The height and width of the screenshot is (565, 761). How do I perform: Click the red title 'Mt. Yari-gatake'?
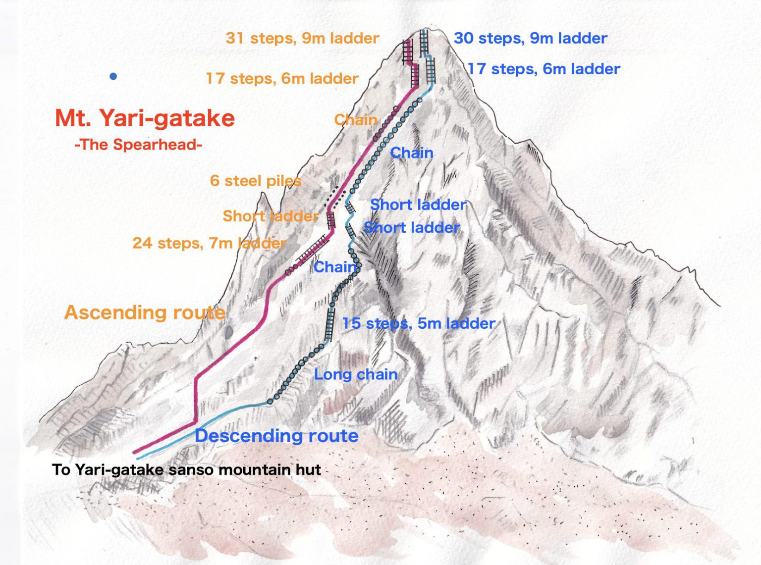(x=145, y=118)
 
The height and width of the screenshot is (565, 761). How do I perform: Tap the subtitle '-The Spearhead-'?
(x=138, y=145)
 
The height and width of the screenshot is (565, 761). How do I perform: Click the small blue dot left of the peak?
(x=113, y=76)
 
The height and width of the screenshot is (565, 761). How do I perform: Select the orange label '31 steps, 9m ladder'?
(x=302, y=38)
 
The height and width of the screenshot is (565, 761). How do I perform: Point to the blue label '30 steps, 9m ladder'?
(x=530, y=38)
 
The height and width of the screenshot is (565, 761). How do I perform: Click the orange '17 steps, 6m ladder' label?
(x=282, y=78)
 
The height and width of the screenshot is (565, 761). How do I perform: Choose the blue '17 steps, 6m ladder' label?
(x=544, y=69)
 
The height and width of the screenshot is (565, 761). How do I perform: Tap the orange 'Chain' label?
(x=355, y=119)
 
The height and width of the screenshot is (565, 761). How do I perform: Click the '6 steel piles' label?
(x=255, y=181)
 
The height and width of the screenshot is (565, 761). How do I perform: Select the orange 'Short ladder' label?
(x=271, y=216)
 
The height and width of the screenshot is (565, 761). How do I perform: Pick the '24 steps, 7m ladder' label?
(x=209, y=243)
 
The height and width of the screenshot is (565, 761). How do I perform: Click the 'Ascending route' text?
(x=145, y=312)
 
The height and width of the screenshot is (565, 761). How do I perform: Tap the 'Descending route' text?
(x=276, y=436)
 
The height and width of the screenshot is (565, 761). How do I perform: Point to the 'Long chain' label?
(x=356, y=374)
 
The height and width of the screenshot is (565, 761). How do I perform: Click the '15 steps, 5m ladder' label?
(x=419, y=323)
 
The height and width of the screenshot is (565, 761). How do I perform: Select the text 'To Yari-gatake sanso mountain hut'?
(x=186, y=469)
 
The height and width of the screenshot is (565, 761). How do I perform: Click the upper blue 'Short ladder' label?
(x=418, y=205)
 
